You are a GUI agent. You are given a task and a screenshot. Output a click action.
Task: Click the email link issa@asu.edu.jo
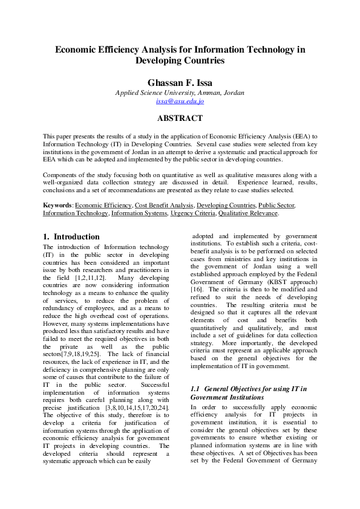tap(180, 102)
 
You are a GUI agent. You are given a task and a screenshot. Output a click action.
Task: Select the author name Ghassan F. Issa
tap(180, 82)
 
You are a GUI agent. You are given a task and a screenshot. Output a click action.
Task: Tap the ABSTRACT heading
tap(180, 118)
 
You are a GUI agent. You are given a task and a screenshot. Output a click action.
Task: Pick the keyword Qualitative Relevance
tap(248, 213)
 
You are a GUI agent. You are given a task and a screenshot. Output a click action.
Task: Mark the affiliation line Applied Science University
tap(180, 92)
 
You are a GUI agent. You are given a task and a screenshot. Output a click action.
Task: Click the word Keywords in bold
tap(57, 206)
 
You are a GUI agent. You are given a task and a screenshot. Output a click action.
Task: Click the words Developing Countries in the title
tap(180, 60)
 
